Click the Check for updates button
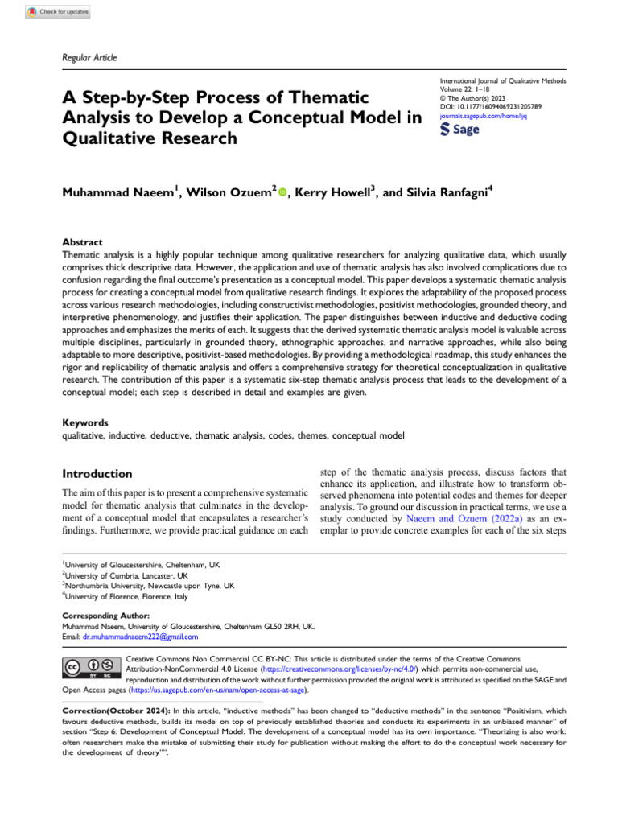point(58,12)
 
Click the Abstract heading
point(82,241)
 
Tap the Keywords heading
point(85,422)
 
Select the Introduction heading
point(97,473)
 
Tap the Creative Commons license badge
point(90,667)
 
